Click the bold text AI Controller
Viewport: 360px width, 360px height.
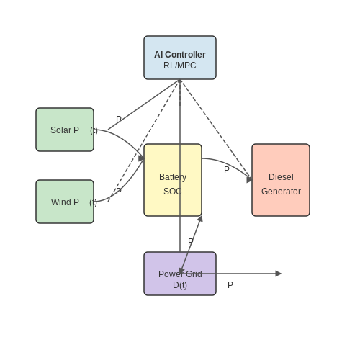click(180, 55)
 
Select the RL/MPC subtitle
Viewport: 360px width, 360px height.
click(180, 66)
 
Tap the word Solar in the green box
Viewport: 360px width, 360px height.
click(60, 130)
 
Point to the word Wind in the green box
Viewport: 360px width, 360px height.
click(60, 202)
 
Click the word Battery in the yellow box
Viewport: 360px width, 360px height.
click(173, 177)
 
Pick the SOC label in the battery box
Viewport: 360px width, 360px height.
click(173, 192)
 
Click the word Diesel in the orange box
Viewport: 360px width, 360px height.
click(281, 177)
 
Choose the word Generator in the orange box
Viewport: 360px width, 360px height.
click(281, 192)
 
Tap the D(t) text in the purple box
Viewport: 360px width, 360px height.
click(180, 285)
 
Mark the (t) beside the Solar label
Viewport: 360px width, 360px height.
click(94, 131)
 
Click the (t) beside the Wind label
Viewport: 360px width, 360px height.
click(93, 203)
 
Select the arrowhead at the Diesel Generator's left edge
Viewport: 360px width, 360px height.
click(249, 179)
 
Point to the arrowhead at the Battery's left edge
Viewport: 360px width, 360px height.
click(141, 158)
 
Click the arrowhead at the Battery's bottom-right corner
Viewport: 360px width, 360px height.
click(200, 218)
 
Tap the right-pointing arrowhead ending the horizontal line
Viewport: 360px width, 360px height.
click(279, 274)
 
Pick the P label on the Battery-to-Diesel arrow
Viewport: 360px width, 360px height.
click(227, 170)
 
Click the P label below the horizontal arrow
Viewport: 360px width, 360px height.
click(230, 285)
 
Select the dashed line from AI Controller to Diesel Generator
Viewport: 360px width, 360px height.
click(216, 130)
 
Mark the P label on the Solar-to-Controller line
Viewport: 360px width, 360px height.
click(119, 120)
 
